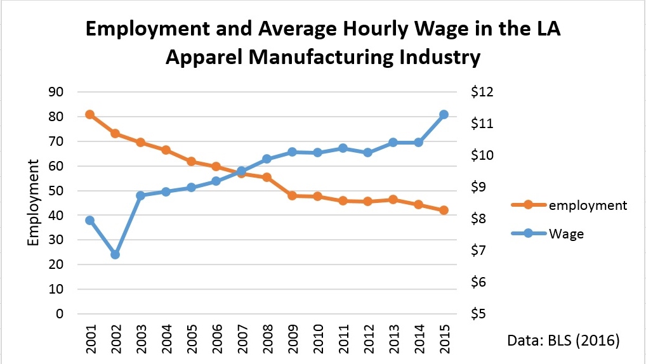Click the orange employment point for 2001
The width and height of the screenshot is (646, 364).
pyautogui.click(x=90, y=115)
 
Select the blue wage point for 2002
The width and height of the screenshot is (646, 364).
pyautogui.click(x=115, y=254)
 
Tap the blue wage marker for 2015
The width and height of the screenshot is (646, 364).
pyautogui.click(x=444, y=115)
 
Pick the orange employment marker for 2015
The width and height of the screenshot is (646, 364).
pyautogui.click(x=444, y=210)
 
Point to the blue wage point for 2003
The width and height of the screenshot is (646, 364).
pyautogui.click(x=140, y=195)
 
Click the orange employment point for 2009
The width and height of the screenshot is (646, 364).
pyautogui.click(x=292, y=195)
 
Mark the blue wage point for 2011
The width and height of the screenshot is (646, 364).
pyautogui.click(x=343, y=148)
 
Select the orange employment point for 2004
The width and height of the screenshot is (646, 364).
pyautogui.click(x=166, y=150)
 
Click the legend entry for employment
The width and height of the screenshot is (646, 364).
pyautogui.click(x=587, y=205)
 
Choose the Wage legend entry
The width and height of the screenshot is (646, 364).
pyautogui.click(x=566, y=233)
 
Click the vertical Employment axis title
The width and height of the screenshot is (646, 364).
pyautogui.click(x=33, y=203)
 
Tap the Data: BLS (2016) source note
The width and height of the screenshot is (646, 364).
pyautogui.click(x=563, y=341)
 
